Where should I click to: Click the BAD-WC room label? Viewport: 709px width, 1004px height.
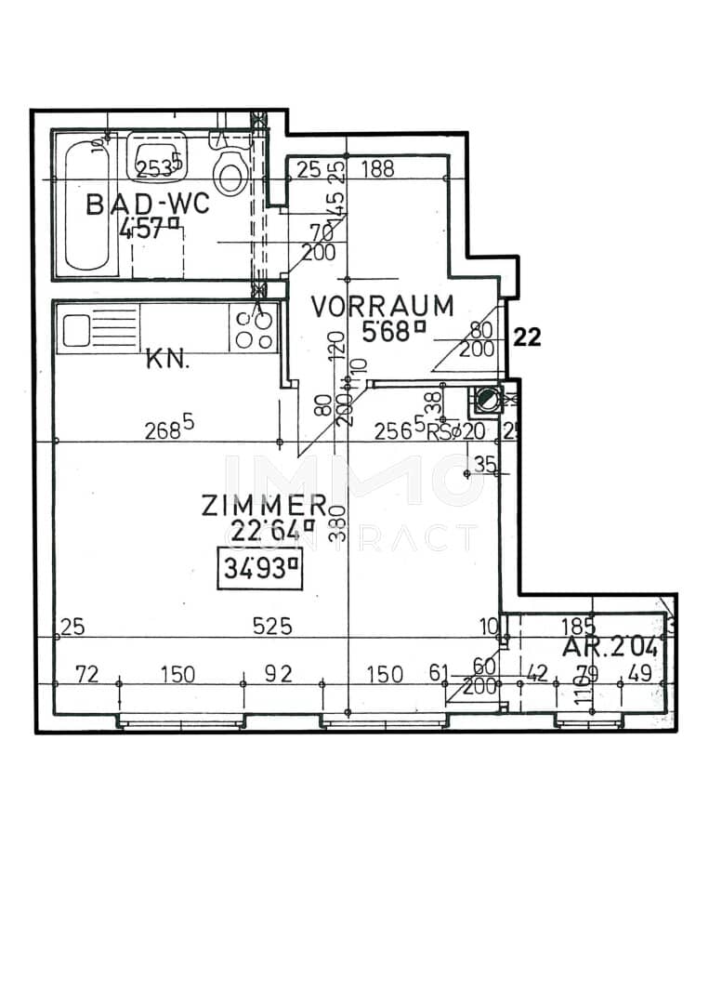pos(149,205)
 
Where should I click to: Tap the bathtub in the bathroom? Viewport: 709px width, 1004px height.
pos(89,205)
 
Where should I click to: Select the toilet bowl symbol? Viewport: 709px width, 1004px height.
pos(229,172)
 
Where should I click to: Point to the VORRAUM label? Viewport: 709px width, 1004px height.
pos(382,305)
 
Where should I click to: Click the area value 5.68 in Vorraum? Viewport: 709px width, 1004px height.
pos(392,332)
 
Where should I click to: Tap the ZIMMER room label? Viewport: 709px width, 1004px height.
pos(264,506)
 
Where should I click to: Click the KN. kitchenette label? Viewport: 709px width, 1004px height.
pos(167,360)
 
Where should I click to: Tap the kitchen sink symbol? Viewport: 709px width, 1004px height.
pos(76,330)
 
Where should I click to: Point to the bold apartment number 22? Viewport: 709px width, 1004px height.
pos(527,337)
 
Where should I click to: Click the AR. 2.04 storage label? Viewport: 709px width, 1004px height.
pos(610,649)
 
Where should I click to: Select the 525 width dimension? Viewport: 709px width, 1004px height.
pos(273,627)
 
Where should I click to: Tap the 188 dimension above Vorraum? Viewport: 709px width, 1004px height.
pos(378,169)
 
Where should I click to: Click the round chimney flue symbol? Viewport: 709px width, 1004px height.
pos(486,400)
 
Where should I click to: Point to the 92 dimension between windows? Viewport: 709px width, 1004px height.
pos(278,674)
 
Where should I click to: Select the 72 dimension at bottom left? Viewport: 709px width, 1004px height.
pos(86,674)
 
